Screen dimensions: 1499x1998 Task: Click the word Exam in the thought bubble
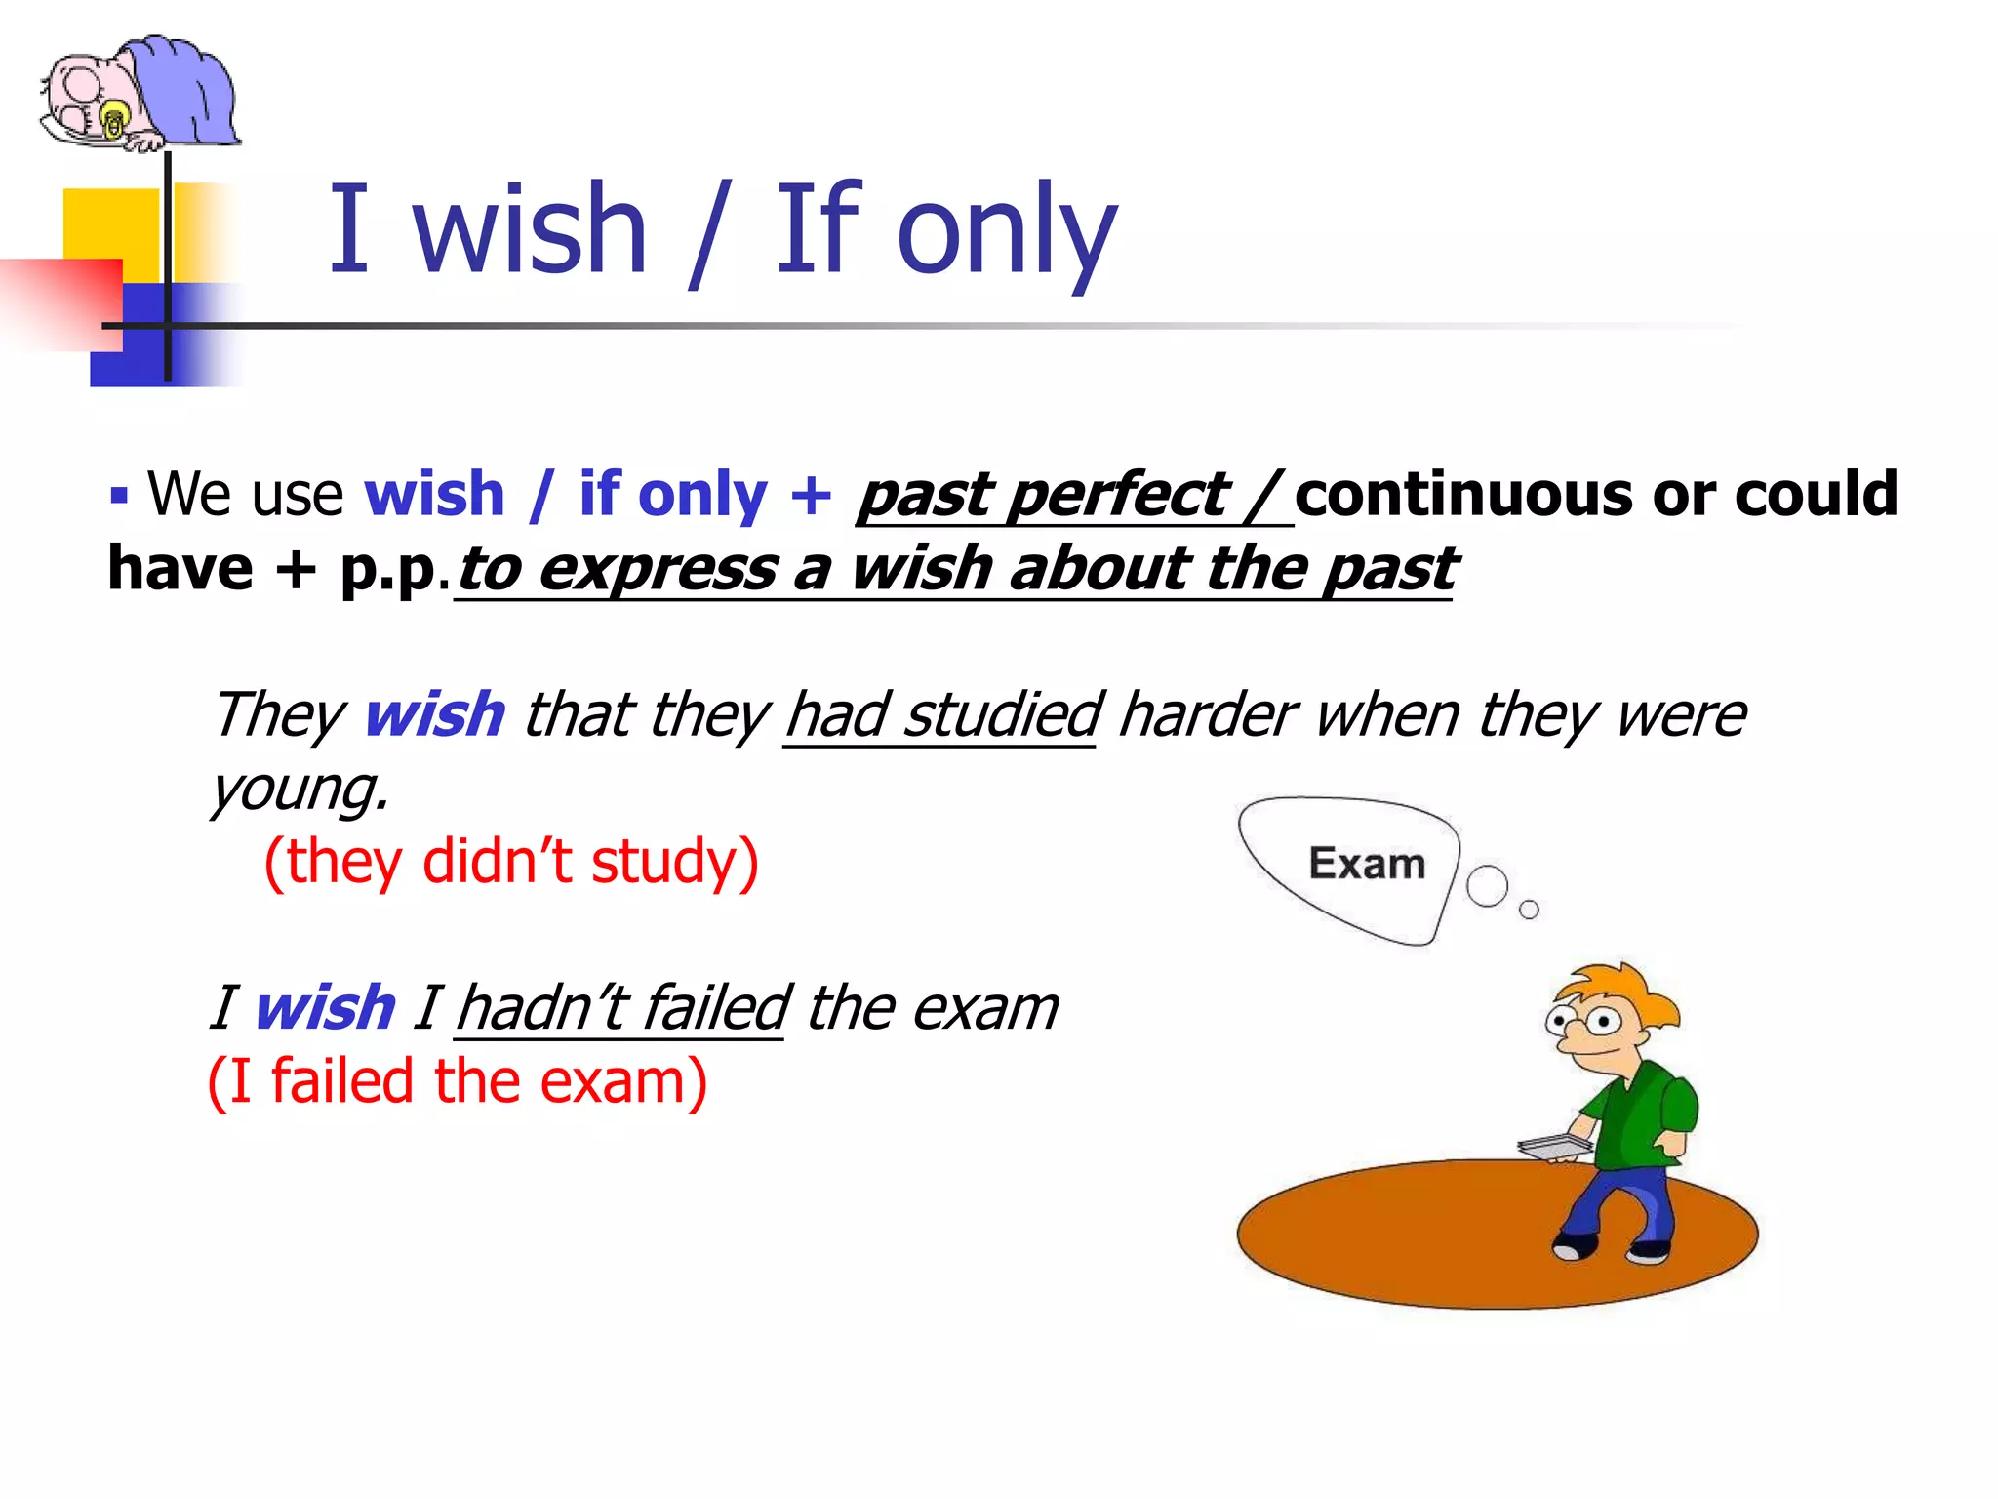1367,865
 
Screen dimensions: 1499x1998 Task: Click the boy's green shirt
1639,1113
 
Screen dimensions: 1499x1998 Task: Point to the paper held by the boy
1553,1147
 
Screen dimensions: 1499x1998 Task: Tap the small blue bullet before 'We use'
119,495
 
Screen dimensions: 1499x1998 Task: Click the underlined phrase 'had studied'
942,714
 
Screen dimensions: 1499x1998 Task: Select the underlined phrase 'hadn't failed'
621,1007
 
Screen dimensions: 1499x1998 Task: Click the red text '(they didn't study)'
511,862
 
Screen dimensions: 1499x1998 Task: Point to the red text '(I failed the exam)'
458,1081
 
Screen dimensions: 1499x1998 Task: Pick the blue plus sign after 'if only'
811,494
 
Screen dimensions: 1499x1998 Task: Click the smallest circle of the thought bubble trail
1529,910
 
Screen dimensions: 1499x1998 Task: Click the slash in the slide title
709,234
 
